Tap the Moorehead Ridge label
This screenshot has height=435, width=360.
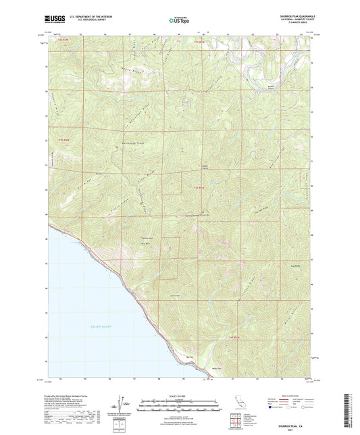tap(132, 144)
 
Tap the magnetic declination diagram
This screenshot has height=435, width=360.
tap(124, 406)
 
